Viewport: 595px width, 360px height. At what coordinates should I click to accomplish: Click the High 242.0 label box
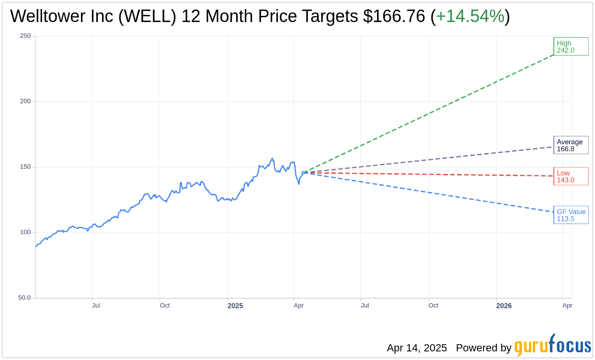pos(571,46)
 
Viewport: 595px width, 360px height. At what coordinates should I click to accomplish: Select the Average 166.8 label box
pos(571,145)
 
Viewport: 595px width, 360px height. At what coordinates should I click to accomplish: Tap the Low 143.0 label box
pos(571,176)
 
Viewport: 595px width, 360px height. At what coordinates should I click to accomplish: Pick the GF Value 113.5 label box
pos(571,215)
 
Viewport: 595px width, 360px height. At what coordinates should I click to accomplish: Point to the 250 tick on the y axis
pos(25,36)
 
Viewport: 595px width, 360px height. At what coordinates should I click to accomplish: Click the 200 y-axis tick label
pos(25,101)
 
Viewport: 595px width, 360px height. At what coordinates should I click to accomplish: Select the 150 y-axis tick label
pos(25,167)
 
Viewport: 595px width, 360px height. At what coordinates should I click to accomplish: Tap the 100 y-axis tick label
pos(25,232)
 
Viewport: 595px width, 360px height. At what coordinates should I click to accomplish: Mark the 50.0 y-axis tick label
pos(24,297)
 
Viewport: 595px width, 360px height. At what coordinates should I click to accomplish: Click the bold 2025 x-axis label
pos(235,305)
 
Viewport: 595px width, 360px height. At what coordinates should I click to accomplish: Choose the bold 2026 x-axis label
pos(503,305)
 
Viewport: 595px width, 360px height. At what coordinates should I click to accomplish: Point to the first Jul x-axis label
pos(96,305)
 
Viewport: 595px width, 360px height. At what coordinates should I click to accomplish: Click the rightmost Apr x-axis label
pos(567,305)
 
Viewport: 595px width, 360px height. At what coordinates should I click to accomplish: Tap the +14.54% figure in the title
pos(470,17)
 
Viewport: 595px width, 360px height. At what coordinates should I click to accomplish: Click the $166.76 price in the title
pos(394,17)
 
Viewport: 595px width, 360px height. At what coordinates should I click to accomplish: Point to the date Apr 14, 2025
pos(417,348)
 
